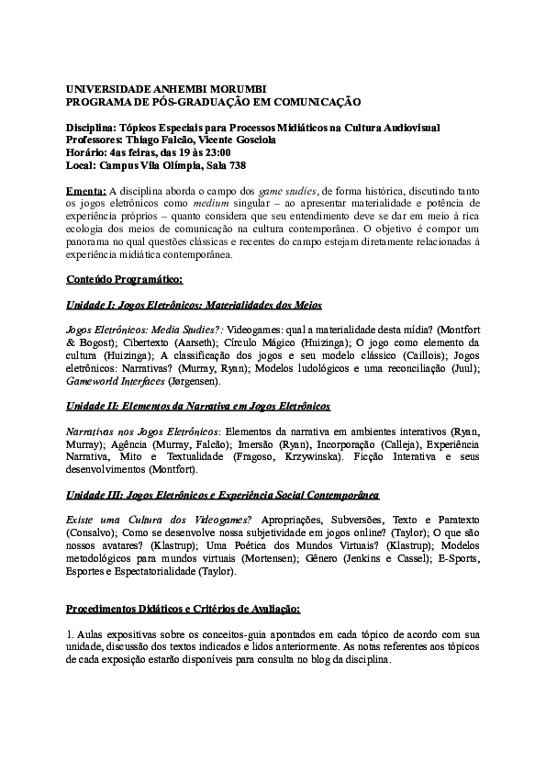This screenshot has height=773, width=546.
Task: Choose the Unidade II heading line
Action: click(x=199, y=405)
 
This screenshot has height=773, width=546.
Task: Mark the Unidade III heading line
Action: click(x=223, y=495)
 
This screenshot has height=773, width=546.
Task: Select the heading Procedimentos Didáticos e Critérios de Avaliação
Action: click(x=184, y=609)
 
